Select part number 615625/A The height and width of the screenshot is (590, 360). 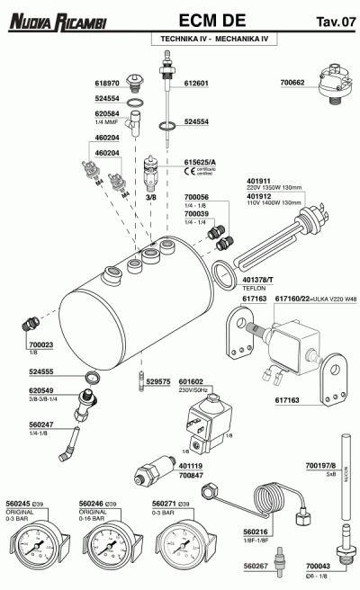(200, 159)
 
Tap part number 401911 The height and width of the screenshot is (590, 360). (259, 180)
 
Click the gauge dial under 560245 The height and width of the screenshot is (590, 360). (36, 547)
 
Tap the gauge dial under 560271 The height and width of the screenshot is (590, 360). (179, 547)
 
